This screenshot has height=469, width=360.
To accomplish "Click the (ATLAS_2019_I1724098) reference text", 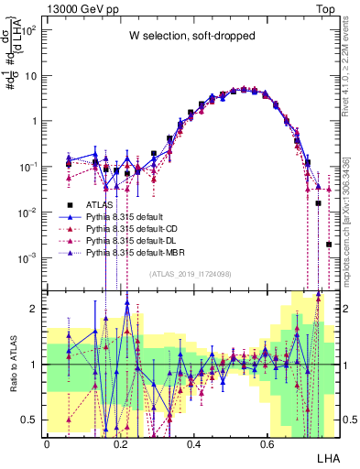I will [x=190, y=273].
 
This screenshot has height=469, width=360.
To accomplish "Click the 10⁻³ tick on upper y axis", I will [x=29, y=257].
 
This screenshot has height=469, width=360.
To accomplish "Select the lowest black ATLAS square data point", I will [x=328, y=245].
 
